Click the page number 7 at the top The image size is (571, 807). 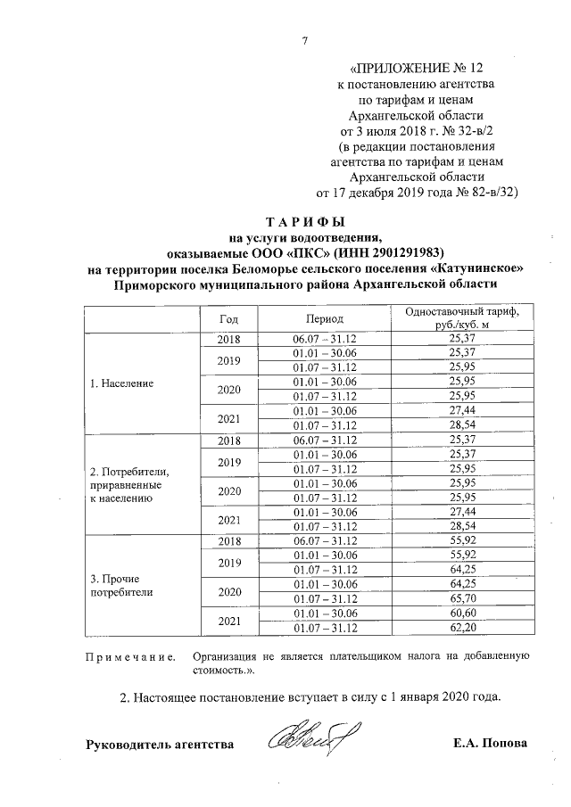(x=304, y=40)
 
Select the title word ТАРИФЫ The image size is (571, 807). (x=304, y=221)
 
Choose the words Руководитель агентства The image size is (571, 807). (x=160, y=744)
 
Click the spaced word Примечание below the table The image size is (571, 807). (x=128, y=657)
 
